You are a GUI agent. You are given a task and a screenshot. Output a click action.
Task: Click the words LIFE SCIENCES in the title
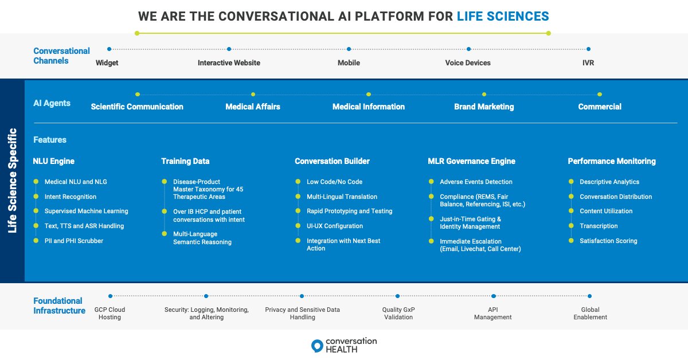[503, 16]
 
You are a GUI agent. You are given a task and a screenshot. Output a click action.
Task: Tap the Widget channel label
[107, 63]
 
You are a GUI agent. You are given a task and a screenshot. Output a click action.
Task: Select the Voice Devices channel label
[468, 63]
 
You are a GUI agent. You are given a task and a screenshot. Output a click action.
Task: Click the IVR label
[588, 63]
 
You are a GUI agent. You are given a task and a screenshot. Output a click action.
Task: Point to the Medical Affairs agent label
[252, 107]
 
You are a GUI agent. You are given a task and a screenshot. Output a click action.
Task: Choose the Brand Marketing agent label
[484, 107]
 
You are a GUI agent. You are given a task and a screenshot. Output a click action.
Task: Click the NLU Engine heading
[54, 161]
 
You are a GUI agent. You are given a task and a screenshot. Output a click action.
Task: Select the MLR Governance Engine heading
[472, 161]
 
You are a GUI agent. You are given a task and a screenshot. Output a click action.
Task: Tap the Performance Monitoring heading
[612, 161]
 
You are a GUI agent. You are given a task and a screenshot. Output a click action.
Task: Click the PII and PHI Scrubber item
[74, 241]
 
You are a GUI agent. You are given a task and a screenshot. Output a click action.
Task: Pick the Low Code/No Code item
[334, 182]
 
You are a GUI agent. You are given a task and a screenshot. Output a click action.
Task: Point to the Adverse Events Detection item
[476, 182]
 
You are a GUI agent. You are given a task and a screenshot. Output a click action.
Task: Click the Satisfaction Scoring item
[608, 241]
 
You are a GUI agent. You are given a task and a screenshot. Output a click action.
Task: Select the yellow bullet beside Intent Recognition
[36, 197]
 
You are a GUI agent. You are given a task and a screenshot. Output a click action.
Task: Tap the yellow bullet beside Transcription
[571, 226]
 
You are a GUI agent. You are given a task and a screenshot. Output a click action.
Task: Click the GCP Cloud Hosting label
[110, 313]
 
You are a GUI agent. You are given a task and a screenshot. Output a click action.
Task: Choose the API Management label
[492, 313]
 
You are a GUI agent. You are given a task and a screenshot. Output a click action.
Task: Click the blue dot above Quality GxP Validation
[397, 296]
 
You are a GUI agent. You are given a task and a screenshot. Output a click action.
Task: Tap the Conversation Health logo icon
[317, 346]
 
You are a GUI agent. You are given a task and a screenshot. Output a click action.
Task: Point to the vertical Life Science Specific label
[12, 180]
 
